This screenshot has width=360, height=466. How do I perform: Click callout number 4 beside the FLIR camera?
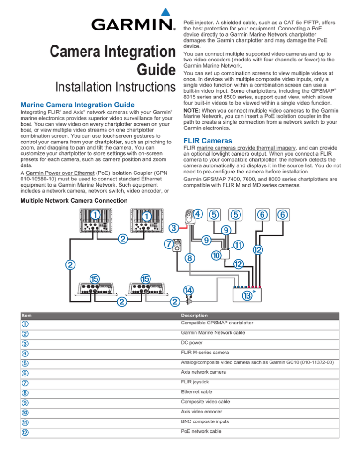(x=198, y=215)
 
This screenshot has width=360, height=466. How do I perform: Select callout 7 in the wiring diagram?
(x=167, y=244)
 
